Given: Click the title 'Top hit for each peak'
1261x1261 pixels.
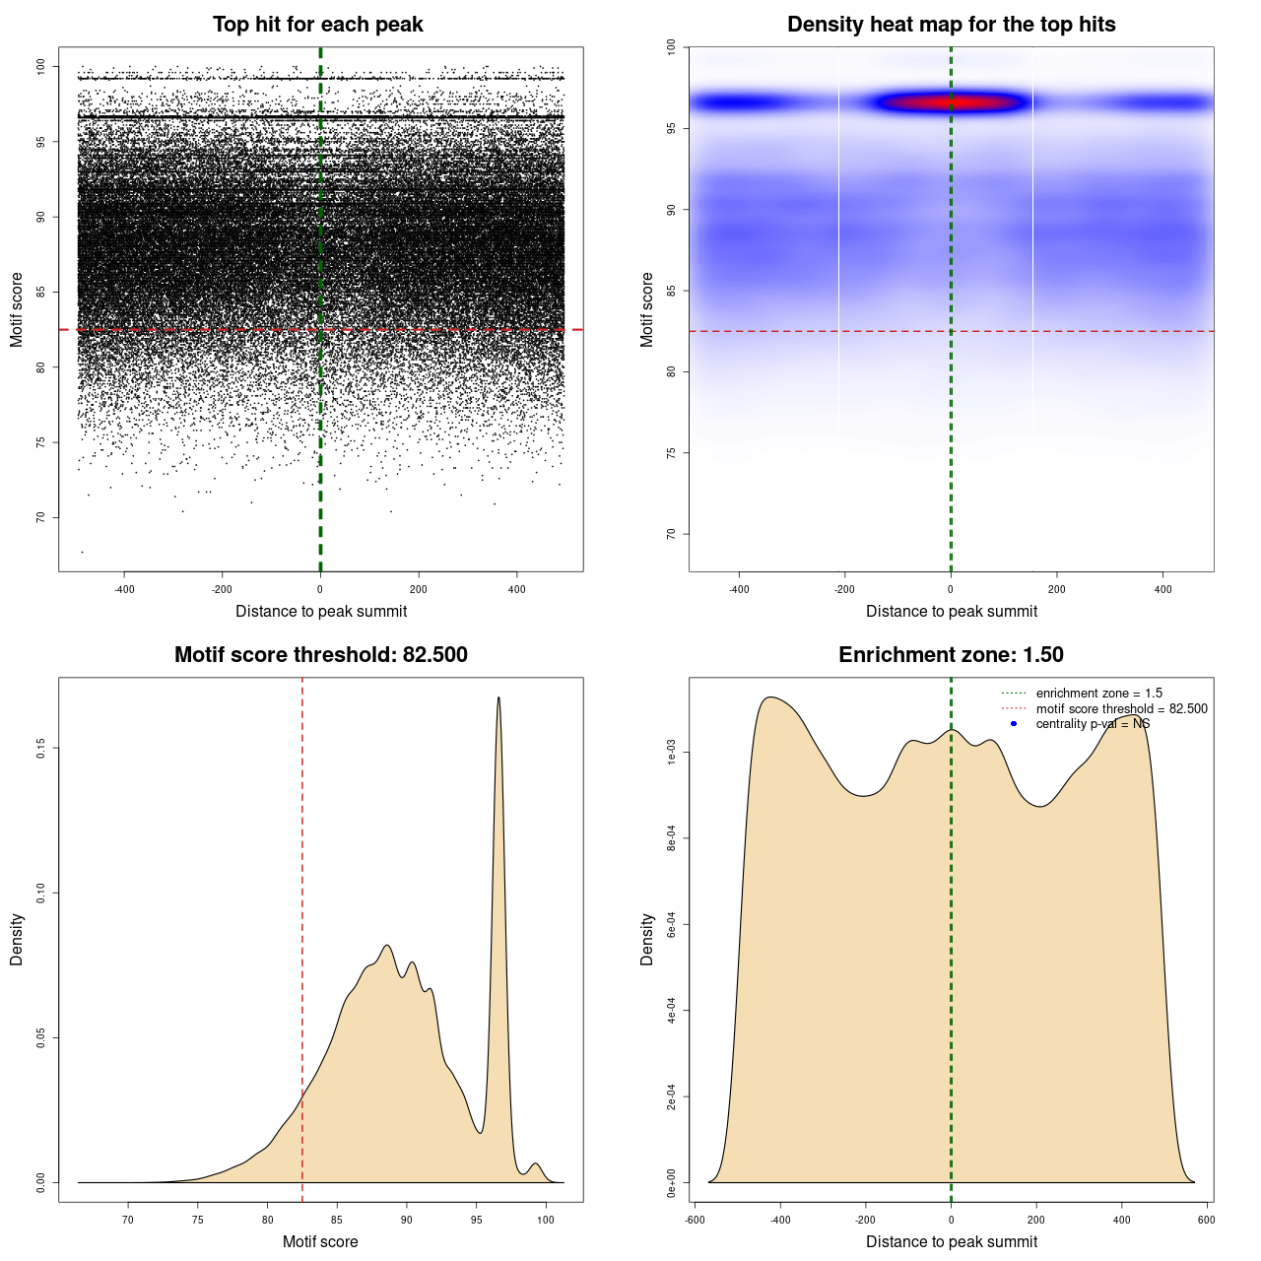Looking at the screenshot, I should (x=317, y=25).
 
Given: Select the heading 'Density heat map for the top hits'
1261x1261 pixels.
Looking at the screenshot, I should (x=951, y=25).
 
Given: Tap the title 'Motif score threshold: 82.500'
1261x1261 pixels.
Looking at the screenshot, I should (x=320, y=655).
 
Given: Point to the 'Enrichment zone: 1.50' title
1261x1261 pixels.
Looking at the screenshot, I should (x=951, y=655).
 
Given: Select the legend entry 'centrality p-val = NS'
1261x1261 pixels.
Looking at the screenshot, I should (x=1093, y=724).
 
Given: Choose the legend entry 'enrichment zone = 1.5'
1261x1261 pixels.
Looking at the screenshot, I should (x=1098, y=694).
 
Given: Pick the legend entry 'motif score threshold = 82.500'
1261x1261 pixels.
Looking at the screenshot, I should (x=1121, y=709).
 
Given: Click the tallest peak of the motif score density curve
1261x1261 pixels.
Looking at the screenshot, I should (x=498, y=698).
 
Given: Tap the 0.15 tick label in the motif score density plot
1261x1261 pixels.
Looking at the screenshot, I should (x=40, y=749).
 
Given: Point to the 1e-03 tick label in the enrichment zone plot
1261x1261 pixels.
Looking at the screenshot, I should (x=672, y=754).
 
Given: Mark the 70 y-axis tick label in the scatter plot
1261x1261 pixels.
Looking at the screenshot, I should (x=41, y=517).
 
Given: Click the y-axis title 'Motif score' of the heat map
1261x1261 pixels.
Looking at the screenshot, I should (x=647, y=309).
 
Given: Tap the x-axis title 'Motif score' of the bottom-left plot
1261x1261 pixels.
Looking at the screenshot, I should (x=320, y=1241).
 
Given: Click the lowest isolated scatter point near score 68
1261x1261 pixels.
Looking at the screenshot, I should (x=82, y=552).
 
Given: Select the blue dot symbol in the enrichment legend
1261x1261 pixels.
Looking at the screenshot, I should (x=1014, y=724).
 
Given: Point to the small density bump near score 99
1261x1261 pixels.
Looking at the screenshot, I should (x=535, y=1164).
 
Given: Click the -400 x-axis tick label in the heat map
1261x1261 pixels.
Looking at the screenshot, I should (x=739, y=589).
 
